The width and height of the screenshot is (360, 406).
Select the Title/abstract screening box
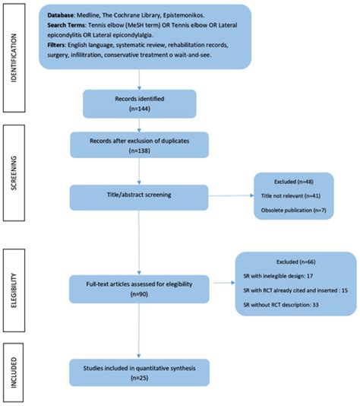coord(140,195)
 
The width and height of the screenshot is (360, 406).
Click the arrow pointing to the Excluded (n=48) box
coord(235,195)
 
